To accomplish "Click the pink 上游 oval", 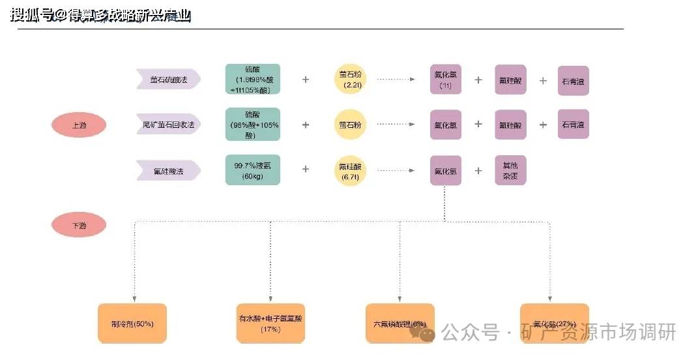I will [x=78, y=125].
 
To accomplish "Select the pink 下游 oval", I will [x=78, y=226].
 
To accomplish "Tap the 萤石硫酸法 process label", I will [x=167, y=80].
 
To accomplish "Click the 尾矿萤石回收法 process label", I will [x=167, y=125].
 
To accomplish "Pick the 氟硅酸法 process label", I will [x=167, y=171].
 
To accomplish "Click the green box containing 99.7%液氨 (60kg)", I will [x=253, y=170].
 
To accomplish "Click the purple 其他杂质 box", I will [x=510, y=170].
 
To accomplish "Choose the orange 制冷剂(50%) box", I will [x=132, y=323].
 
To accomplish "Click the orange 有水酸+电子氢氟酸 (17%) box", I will [x=270, y=323].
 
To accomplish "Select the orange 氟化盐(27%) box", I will [x=555, y=323].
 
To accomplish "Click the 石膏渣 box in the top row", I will [x=573, y=80].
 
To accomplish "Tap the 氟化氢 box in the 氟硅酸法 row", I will [x=446, y=171].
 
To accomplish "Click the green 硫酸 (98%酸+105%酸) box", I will [x=253, y=125].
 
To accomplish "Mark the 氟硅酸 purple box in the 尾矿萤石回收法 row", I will [x=510, y=125].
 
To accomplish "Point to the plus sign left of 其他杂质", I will [x=478, y=170].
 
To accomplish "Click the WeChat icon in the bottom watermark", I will [x=427, y=333].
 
